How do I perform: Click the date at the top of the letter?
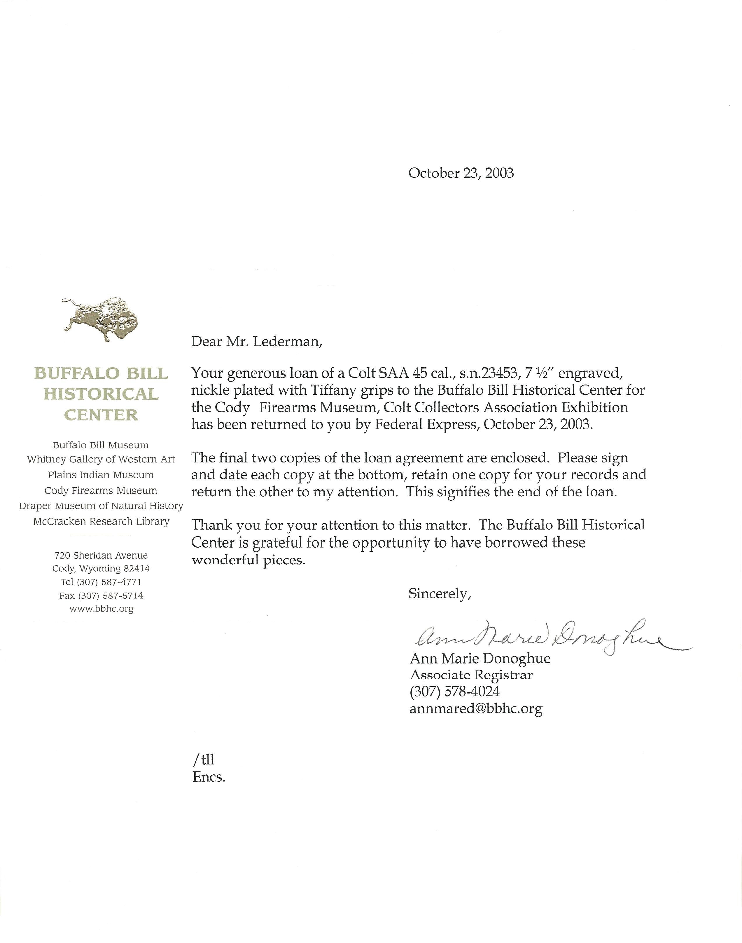pyautogui.click(x=461, y=173)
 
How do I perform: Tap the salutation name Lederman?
pyautogui.click(x=287, y=342)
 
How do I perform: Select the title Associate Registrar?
pyautogui.click(x=471, y=675)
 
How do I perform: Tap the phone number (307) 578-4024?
pyautogui.click(x=454, y=691)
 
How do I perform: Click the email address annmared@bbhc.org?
pyautogui.click(x=476, y=709)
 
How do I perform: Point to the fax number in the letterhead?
pyautogui.click(x=101, y=595)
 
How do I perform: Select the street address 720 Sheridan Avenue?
pyautogui.click(x=101, y=555)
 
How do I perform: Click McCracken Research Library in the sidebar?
pyautogui.click(x=101, y=521)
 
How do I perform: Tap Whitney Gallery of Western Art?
pyautogui.click(x=101, y=459)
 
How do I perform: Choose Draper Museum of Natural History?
pyautogui.click(x=101, y=506)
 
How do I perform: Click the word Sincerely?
pyautogui.click(x=440, y=594)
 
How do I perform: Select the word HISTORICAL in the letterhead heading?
pyautogui.click(x=101, y=394)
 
